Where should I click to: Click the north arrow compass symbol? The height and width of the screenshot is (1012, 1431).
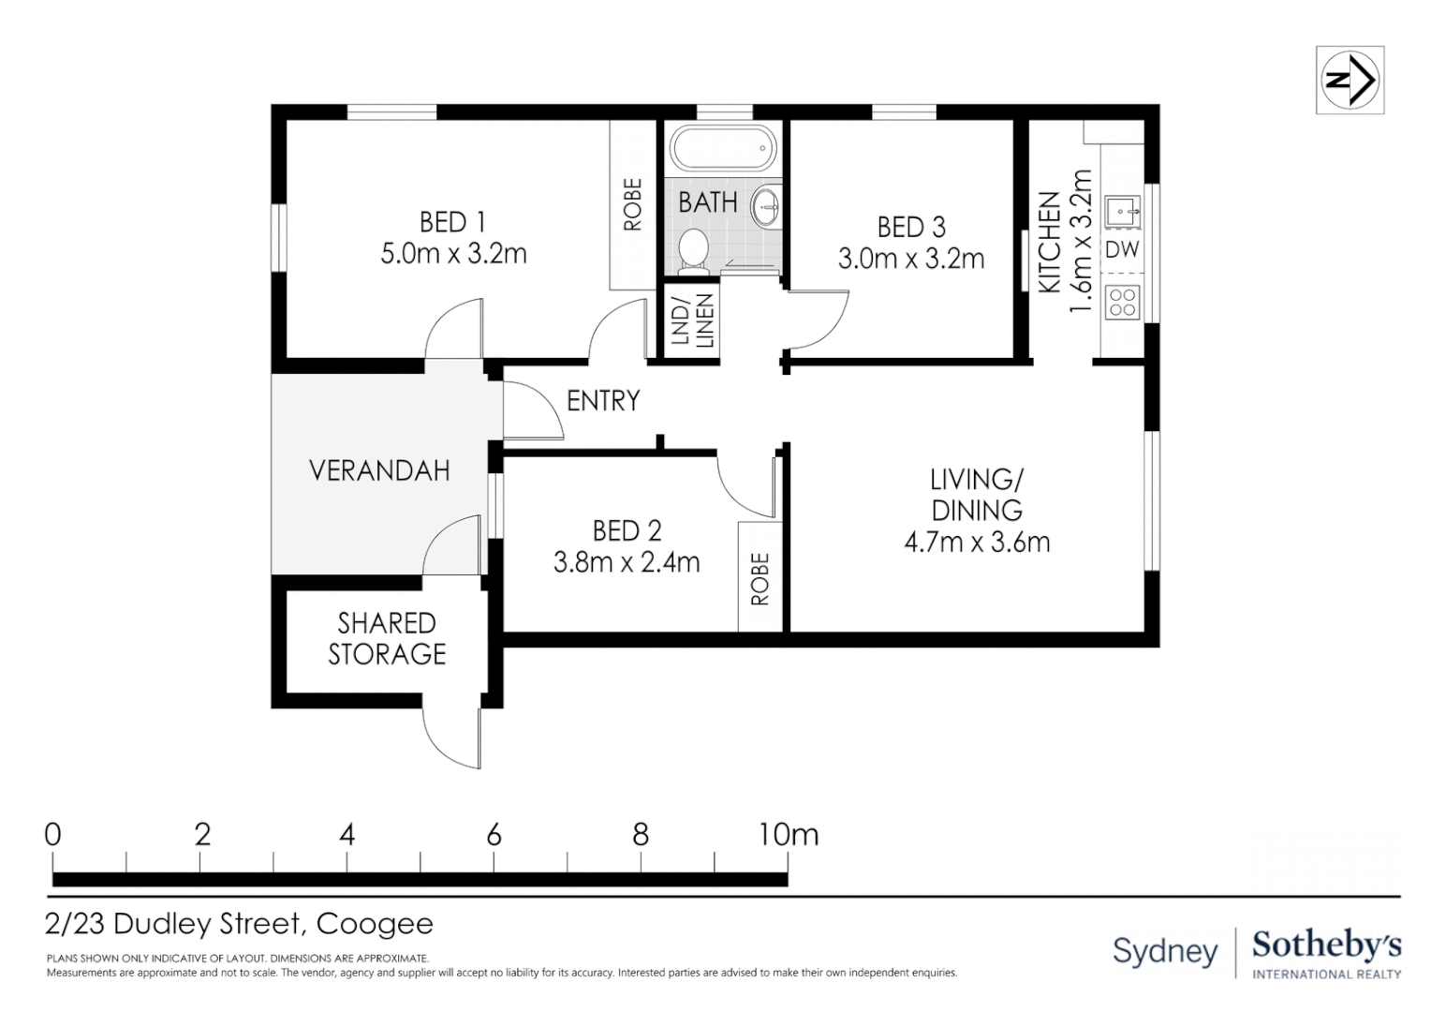(x=1350, y=80)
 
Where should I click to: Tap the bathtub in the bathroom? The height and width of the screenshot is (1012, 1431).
(x=723, y=148)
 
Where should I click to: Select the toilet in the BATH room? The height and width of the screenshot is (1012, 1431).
(x=692, y=251)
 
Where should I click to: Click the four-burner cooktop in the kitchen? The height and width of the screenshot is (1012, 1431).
(x=1123, y=303)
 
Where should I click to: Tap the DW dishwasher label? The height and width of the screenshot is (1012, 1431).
(x=1123, y=249)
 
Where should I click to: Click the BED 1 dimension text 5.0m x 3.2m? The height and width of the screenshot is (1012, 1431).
(x=453, y=254)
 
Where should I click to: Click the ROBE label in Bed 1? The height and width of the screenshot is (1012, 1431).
(x=632, y=204)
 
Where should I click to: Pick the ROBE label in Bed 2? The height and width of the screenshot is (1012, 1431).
(x=760, y=579)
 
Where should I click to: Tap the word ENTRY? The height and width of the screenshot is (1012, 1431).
(x=603, y=401)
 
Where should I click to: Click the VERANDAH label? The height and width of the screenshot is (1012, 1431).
(x=380, y=470)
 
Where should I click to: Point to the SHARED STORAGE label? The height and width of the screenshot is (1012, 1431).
(x=387, y=638)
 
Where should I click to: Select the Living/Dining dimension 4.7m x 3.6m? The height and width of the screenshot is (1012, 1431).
(x=977, y=543)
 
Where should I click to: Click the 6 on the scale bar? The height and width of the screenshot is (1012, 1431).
(x=494, y=835)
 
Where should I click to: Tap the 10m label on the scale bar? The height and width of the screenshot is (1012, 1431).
(x=789, y=835)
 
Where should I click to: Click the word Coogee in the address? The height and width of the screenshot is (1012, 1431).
(x=375, y=924)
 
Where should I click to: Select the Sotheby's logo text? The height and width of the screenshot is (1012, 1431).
(x=1327, y=945)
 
